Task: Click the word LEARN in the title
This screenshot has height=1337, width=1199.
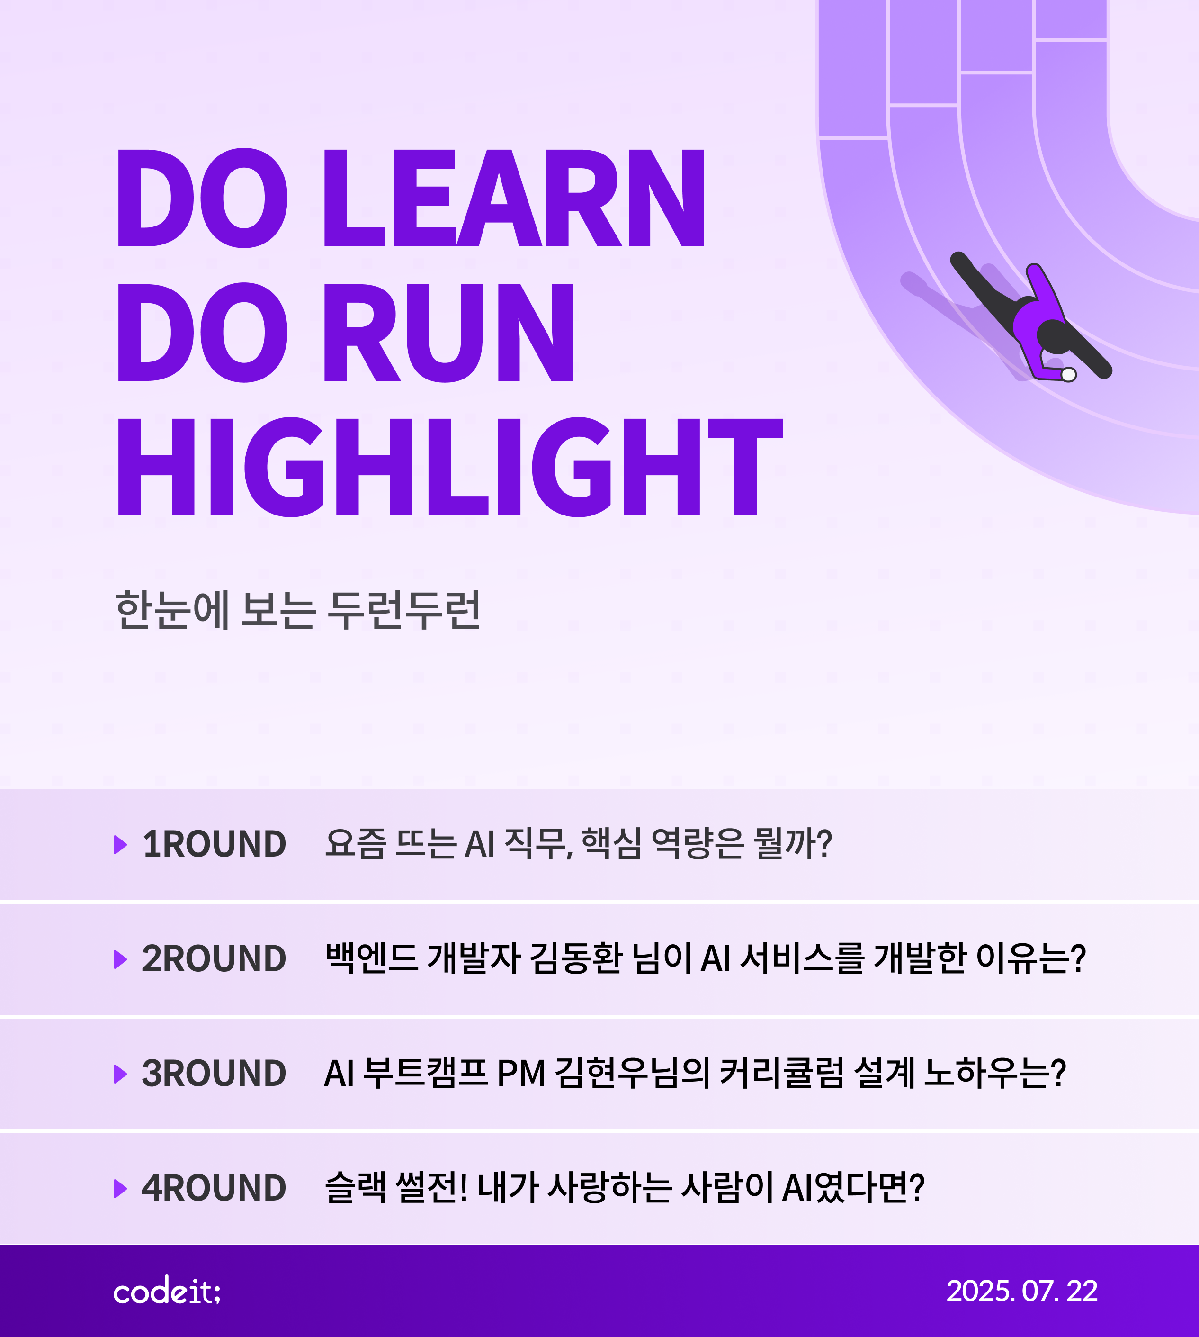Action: [514, 198]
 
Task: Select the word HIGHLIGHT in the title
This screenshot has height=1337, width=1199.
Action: [450, 467]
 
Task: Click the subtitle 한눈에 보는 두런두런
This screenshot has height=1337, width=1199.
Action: [298, 610]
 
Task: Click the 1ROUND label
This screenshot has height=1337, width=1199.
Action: [214, 844]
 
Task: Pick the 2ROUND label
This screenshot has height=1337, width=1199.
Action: [214, 959]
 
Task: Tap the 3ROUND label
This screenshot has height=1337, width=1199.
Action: [214, 1074]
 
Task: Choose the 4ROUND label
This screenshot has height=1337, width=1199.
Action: [214, 1188]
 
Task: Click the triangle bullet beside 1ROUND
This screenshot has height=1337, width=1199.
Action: [120, 844]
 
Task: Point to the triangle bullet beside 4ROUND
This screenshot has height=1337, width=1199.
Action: [120, 1188]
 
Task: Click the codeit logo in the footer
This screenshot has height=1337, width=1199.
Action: [167, 1290]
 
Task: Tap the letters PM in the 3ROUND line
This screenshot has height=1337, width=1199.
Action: [521, 1074]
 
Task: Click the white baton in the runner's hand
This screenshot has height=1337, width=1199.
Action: [1069, 375]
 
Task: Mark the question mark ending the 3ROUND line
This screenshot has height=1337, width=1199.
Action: [1058, 1074]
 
